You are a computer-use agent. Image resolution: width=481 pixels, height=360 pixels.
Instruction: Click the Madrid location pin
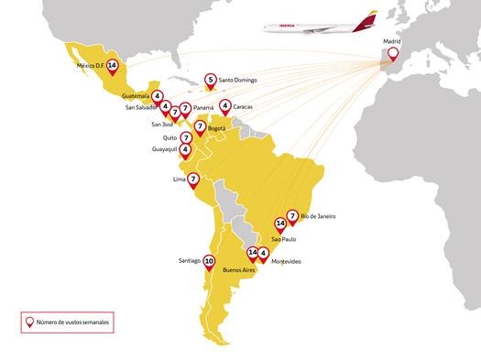point(394,57)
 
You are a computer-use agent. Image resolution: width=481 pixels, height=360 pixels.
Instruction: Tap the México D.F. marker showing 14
point(112,66)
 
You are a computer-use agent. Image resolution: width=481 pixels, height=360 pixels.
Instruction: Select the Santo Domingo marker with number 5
point(211,81)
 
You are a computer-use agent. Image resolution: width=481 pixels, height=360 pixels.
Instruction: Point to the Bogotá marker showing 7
point(200,125)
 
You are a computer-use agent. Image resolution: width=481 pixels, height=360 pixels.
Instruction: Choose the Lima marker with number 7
point(193,180)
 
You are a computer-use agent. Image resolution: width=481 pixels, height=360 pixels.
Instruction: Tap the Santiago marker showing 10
point(209,261)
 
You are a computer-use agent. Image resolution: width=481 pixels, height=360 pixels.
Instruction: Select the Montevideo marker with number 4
point(263,254)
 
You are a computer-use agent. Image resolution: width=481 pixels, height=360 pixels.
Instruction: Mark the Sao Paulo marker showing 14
point(280,224)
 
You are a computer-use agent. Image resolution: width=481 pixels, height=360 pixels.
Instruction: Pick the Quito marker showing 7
point(186,138)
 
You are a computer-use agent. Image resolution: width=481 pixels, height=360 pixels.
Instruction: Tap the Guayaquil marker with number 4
point(186,149)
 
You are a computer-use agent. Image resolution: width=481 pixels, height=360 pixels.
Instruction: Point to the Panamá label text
point(204,107)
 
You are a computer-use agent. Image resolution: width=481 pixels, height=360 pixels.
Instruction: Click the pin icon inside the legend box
point(31,322)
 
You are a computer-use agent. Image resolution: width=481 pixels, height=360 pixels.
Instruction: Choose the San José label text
point(162,124)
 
